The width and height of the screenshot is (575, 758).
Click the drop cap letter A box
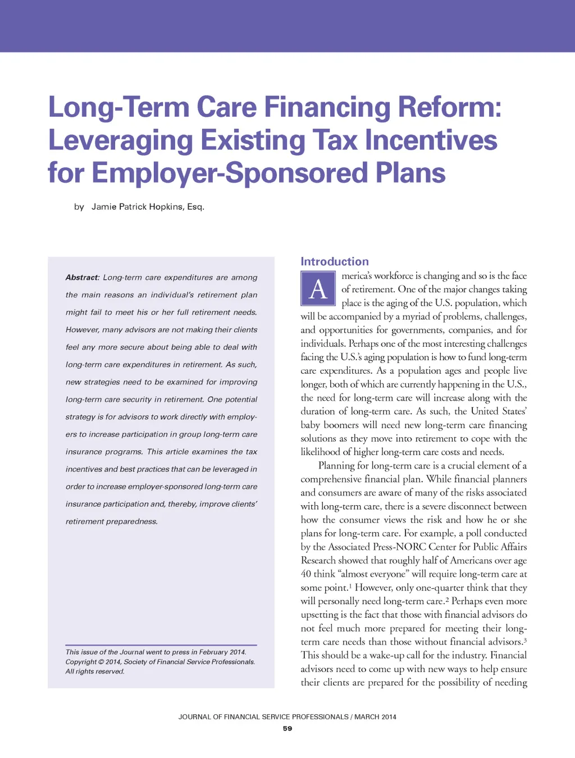pyautogui.click(x=318, y=289)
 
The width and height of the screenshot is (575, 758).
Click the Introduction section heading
pyautogui.click(x=335, y=261)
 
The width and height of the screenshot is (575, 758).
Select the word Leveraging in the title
pyautogui.click(x=121, y=140)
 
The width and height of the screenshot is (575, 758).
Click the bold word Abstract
pyautogui.click(x=82, y=278)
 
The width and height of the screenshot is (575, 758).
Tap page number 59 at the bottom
pyautogui.click(x=287, y=729)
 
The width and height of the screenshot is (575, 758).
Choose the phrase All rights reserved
pyautogui.click(x=95, y=671)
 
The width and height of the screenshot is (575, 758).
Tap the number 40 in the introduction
pyautogui.click(x=305, y=574)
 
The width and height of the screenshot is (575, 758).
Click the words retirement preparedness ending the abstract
pyautogui.click(x=111, y=521)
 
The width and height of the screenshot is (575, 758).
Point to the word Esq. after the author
pyautogui.click(x=195, y=207)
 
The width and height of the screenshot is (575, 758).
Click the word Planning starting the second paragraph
pyautogui.click(x=336, y=465)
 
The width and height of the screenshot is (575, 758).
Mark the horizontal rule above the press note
pyautogui.click(x=161, y=644)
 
